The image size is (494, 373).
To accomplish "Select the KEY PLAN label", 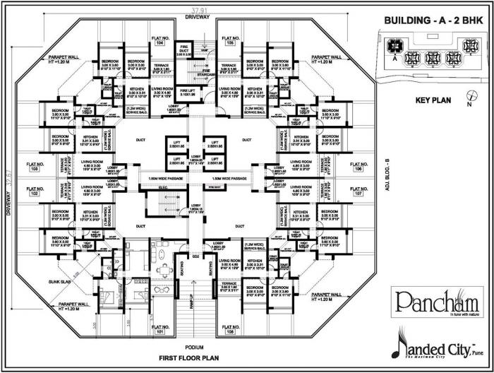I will pos(433,100).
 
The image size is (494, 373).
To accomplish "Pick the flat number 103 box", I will pos(30,170).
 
